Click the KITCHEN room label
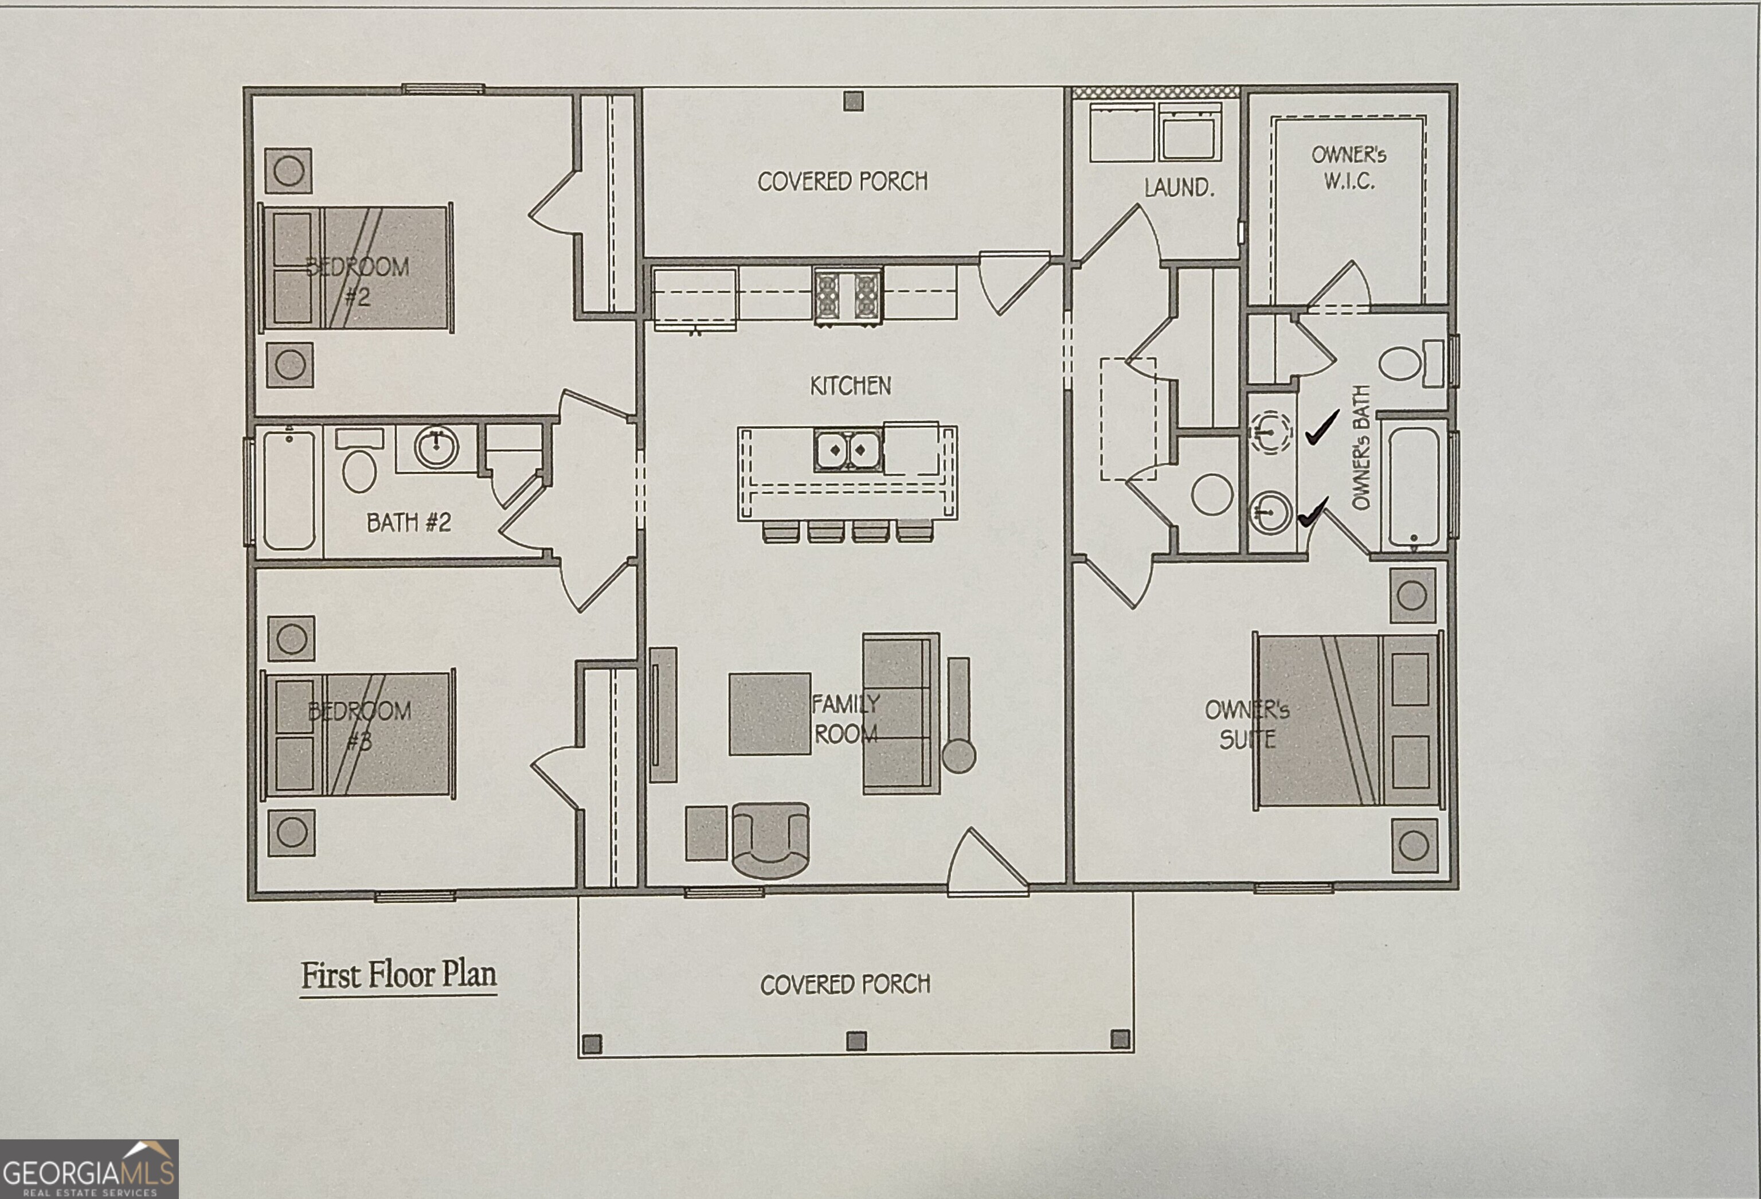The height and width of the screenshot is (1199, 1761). [850, 386]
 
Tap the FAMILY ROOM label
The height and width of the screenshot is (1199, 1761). [846, 718]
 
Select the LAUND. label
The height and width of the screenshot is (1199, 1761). [1179, 187]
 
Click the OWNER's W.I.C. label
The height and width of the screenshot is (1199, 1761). [1349, 167]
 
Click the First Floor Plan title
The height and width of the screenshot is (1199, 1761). [398, 975]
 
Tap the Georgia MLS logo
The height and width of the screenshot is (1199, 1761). [89, 1169]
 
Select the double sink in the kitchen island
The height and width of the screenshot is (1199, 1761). [847, 450]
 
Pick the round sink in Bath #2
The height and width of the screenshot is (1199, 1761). [436, 447]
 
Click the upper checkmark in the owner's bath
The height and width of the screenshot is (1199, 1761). [1322, 429]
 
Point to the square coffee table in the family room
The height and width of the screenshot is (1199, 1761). [769, 714]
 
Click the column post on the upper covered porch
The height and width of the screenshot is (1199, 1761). [853, 101]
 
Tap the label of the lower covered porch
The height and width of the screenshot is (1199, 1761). [845, 985]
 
